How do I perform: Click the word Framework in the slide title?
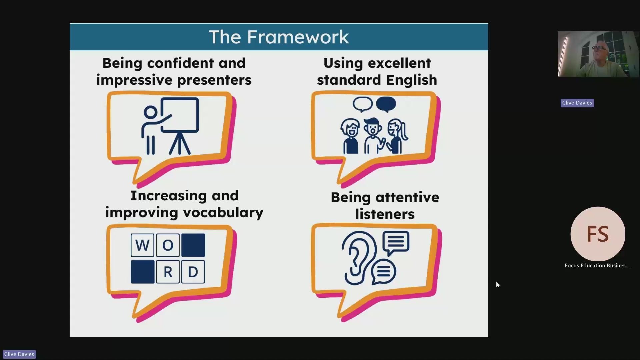point(298,37)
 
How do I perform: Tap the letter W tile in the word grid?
point(142,245)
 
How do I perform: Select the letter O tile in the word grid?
point(168,245)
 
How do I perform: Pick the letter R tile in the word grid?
point(168,272)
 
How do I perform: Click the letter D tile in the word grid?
point(193,272)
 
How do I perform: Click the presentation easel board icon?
point(180,125)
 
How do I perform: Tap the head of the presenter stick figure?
point(150,113)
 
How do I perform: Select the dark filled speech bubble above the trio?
point(386,104)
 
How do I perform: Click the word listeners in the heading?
point(385,214)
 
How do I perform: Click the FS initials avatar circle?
point(598,234)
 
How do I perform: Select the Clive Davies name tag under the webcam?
point(577,103)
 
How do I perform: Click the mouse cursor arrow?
point(498,285)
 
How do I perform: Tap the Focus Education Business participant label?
point(597,265)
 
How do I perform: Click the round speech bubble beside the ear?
point(383,271)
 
